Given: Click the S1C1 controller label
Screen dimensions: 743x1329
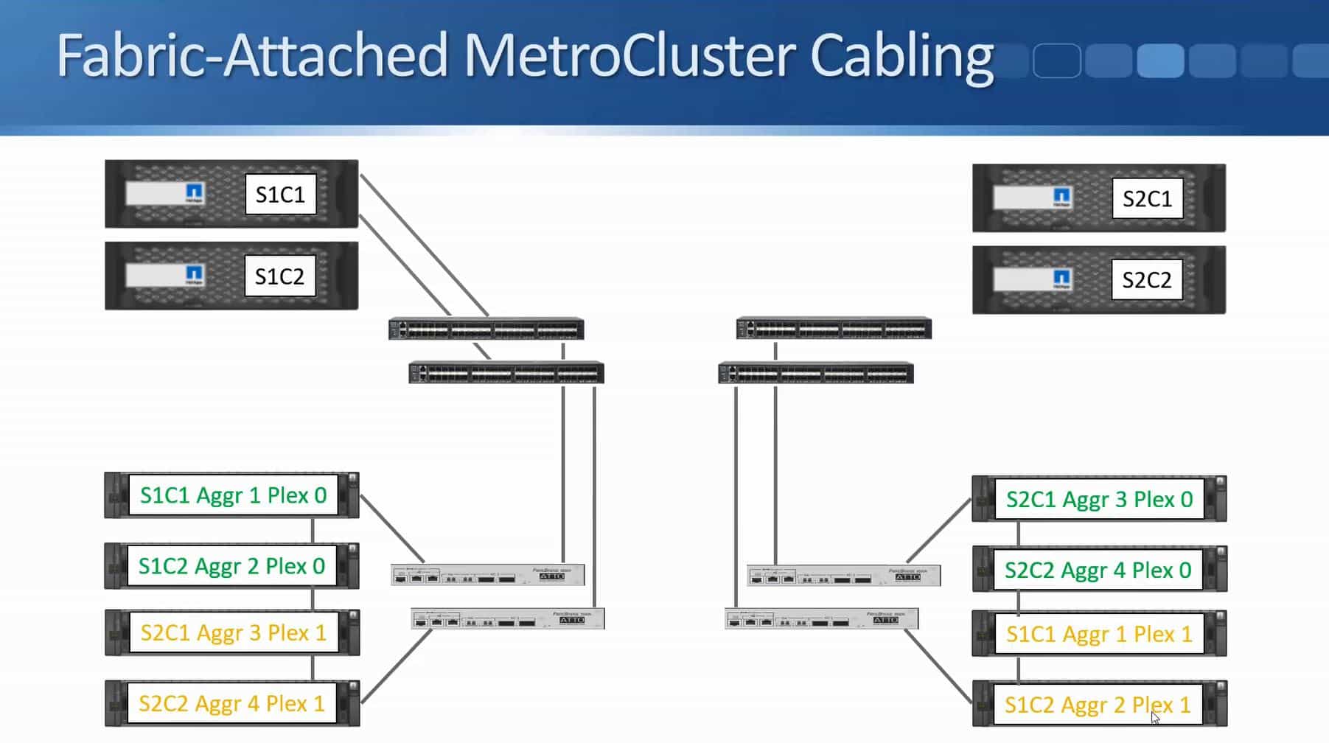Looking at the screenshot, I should point(280,195).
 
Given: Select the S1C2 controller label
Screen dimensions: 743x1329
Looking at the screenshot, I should point(279,276).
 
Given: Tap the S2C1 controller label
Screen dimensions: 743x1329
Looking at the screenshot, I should point(1147,198).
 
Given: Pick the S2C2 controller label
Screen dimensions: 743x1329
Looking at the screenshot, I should point(1146,280).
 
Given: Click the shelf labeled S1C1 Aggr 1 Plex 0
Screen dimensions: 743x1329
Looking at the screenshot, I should point(233,495).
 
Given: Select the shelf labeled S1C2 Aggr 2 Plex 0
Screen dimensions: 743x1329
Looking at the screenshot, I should point(231,566).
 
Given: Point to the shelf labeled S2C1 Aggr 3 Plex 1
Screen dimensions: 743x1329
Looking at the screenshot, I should point(233,633).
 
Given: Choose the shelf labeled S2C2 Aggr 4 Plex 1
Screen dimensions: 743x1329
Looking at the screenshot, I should point(231,704).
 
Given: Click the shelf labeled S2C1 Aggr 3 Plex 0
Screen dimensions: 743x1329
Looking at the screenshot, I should point(1099,500).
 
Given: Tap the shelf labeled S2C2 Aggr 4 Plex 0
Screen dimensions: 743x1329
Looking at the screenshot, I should point(1098,571).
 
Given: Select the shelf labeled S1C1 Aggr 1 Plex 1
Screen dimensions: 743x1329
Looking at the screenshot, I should point(1099,635).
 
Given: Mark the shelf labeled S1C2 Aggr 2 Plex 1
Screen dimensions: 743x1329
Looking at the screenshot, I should point(1098,705).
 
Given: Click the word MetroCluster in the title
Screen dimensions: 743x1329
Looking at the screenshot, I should point(628,55).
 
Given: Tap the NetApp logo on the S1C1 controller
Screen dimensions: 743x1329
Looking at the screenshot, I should point(195,193).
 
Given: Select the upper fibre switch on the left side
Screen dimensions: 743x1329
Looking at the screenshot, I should point(486,329).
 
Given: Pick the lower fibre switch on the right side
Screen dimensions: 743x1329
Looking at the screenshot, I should point(816,374).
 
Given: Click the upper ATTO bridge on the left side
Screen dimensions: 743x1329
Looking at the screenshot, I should point(487,575).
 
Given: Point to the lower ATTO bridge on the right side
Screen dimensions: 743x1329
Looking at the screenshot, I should point(821,618).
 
